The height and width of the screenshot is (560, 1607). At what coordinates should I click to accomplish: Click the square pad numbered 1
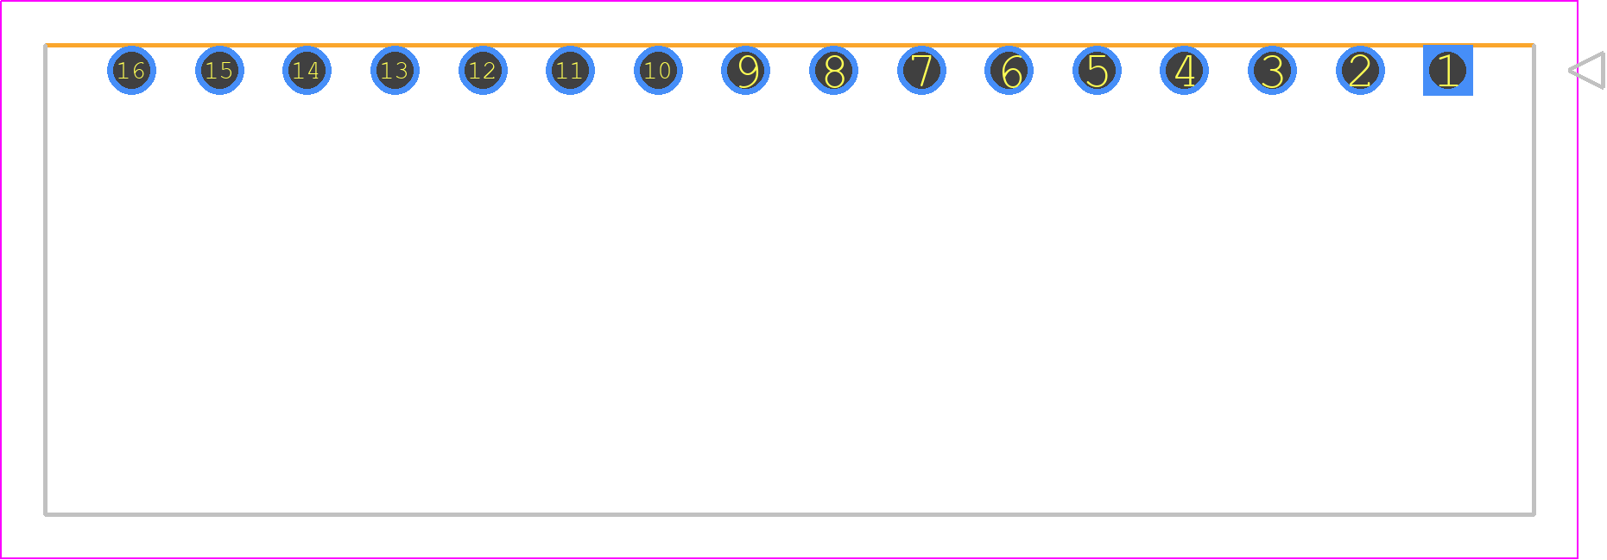coord(1448,71)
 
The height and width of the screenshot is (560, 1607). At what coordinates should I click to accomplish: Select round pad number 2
coord(1360,71)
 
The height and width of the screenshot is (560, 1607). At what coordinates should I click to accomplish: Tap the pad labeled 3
coord(1272,71)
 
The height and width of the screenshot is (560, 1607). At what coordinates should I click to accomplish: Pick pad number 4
coord(1185,71)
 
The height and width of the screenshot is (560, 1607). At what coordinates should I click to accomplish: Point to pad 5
coord(1097,71)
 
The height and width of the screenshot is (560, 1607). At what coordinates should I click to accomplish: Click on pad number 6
coord(1009,71)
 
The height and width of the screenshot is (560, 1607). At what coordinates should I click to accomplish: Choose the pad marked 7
coord(921,71)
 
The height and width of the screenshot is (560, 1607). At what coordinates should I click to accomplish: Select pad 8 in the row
coord(833,71)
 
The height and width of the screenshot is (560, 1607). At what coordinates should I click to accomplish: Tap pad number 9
coord(745,71)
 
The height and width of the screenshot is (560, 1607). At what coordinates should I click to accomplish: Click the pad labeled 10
coord(658,71)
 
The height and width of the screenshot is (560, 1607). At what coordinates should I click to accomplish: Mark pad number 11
coord(570,71)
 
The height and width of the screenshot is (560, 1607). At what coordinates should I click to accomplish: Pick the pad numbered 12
coord(483,71)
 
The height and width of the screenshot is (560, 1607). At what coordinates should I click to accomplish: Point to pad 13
coord(395,71)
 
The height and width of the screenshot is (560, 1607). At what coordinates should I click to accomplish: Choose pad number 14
coord(307,71)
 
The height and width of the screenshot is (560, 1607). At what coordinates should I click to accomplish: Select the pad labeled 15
coord(219,71)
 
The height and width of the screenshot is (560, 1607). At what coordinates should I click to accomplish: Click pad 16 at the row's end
coord(131,71)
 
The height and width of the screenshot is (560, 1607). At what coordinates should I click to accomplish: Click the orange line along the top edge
coord(789,45)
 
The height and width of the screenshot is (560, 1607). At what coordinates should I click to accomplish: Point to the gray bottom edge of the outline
coord(789,514)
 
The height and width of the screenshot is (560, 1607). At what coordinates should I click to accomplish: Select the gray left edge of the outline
coord(46,280)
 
